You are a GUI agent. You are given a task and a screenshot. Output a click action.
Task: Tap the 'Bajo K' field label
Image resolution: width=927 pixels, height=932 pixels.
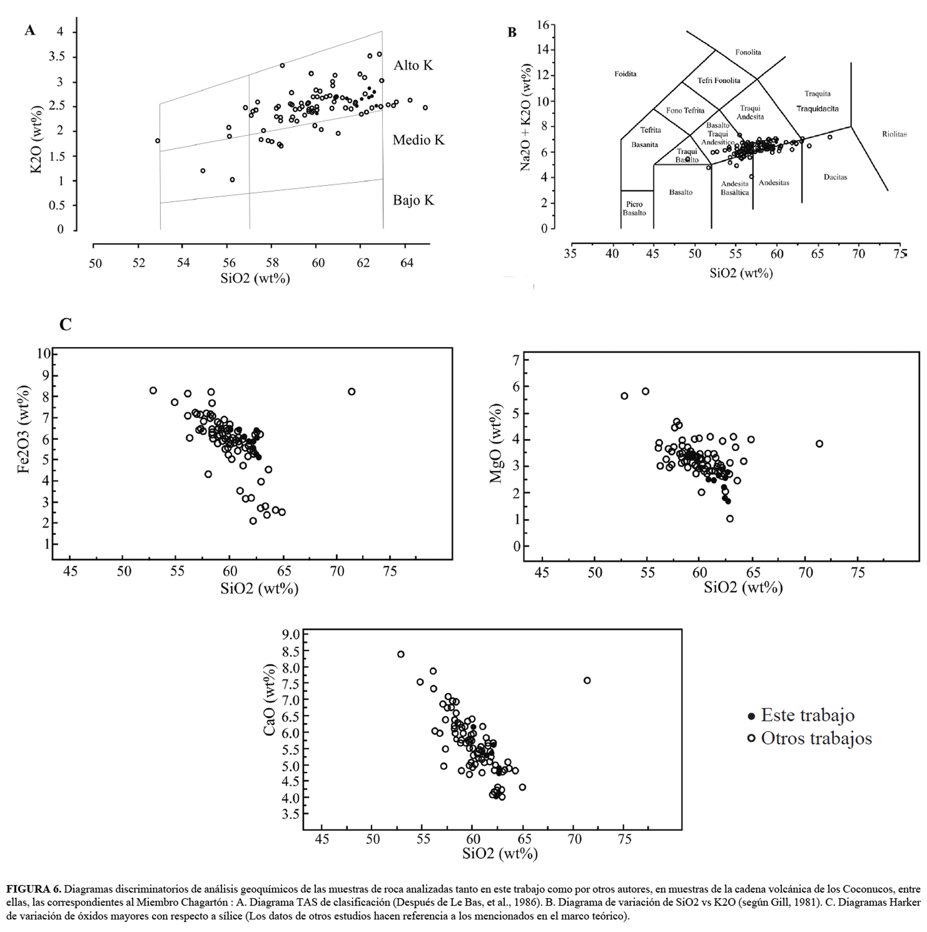click(413, 200)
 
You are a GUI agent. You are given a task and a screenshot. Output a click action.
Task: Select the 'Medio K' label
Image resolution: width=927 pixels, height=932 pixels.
click(418, 140)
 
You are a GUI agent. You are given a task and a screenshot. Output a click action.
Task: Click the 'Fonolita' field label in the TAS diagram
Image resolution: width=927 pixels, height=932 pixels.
click(748, 52)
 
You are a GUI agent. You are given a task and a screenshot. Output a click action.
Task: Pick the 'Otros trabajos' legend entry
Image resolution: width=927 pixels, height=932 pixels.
click(816, 738)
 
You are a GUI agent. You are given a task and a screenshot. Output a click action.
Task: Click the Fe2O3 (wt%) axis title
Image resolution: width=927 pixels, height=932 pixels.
click(24, 429)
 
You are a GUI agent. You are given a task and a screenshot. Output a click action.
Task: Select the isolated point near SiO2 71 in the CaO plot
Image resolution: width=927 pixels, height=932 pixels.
click(587, 680)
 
